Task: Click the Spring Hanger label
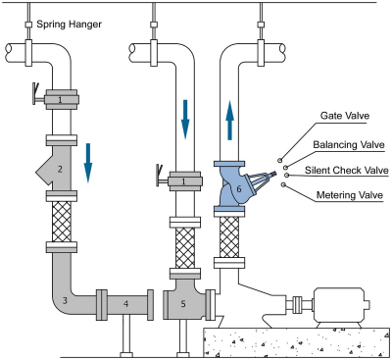[69, 25]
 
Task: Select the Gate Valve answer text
[345, 116]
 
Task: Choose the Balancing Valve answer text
[349, 144]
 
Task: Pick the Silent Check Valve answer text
[347, 171]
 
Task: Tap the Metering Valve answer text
[350, 195]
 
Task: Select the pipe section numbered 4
[125, 304]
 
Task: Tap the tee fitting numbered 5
[184, 303]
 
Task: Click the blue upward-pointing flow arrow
[230, 121]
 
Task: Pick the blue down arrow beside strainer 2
[88, 163]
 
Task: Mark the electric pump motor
[341, 305]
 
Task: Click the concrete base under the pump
[297, 342]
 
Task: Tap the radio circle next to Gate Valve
[280, 160]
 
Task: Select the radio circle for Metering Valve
[283, 185]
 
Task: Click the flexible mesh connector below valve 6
[229, 236]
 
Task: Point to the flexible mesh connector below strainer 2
[62, 222]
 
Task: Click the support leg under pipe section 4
[126, 335]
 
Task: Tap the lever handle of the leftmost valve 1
[35, 95]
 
